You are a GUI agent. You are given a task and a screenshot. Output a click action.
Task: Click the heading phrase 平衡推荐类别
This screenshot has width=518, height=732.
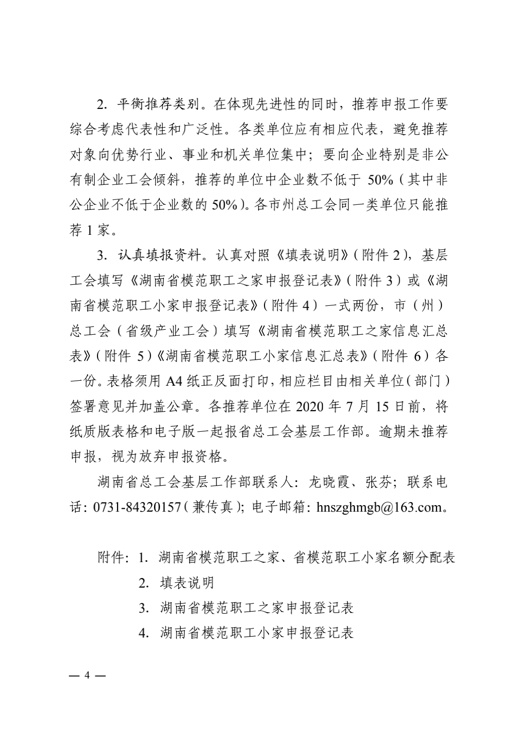pyautogui.click(x=158, y=104)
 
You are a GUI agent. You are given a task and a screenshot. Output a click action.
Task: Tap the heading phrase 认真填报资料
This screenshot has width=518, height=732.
pyautogui.click(x=158, y=255)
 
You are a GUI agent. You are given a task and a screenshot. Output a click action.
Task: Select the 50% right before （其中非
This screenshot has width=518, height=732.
pyautogui.click(x=380, y=180)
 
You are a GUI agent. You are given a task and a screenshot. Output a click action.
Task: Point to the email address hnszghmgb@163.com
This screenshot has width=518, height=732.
pyautogui.click(x=379, y=507)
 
